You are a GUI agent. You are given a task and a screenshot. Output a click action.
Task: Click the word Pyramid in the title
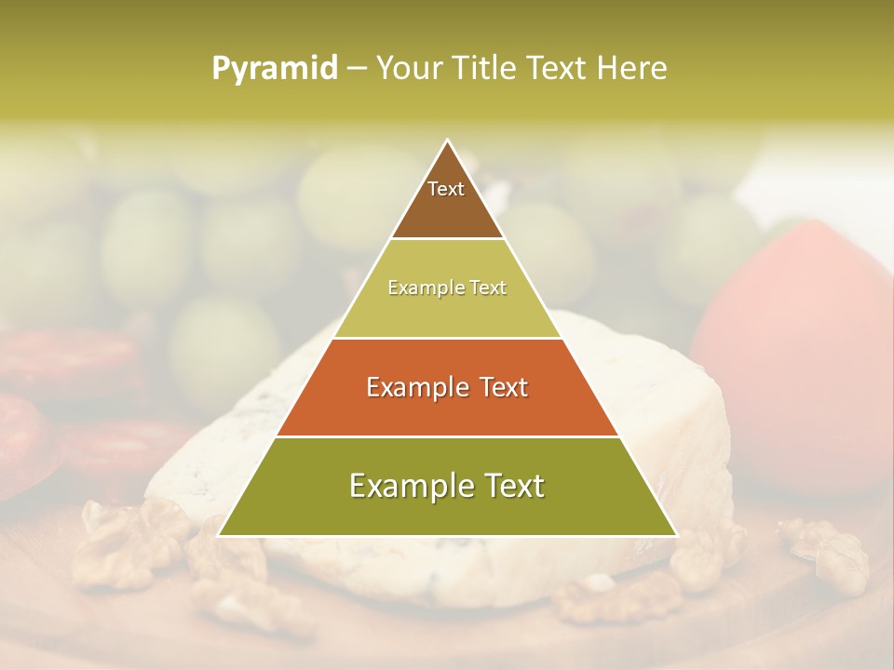pos(275,69)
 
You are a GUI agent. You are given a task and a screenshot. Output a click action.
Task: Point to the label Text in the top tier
pos(446,189)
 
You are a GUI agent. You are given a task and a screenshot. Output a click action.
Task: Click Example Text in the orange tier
pos(447,387)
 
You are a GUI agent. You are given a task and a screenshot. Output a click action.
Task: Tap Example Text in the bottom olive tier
pos(447,486)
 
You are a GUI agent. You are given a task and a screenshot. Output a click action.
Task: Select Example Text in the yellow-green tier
pos(447,288)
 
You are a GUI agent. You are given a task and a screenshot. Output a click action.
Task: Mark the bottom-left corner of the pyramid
pos(220,535)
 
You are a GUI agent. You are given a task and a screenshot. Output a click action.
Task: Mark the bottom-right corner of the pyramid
pos(675,535)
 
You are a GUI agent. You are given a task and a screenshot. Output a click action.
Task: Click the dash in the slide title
pos(356,69)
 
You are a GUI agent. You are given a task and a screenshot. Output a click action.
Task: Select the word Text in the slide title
pos(556,69)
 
